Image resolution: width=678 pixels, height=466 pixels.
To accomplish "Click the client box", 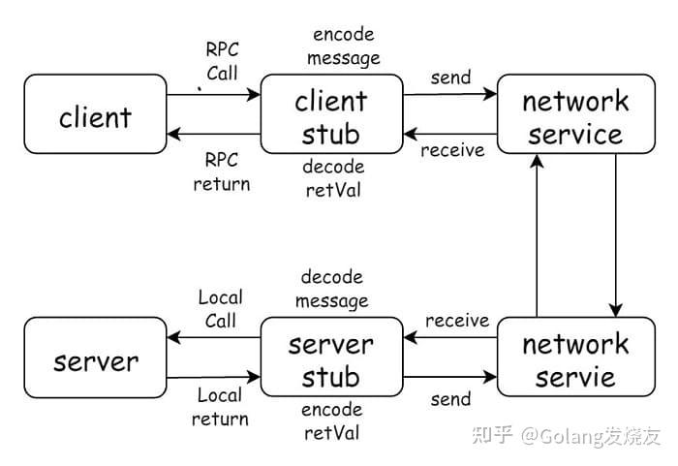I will click(95, 117).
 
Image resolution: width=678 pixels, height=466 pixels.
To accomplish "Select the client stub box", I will click(331, 117).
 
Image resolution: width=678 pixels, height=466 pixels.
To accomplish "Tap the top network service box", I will click(575, 117).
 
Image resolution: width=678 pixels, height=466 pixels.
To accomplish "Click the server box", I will click(95, 361).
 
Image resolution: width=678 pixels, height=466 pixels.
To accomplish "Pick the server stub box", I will click(331, 361).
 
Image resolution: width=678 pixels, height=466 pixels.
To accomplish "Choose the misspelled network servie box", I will click(575, 359).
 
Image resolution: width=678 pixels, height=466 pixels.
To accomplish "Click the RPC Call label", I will click(222, 59).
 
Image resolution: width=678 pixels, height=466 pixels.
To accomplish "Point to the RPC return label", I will click(222, 171).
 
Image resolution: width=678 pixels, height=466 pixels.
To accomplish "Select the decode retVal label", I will click(332, 178).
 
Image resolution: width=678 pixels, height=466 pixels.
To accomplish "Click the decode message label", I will click(331, 289).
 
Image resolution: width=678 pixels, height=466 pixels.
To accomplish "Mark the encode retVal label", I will click(331, 421).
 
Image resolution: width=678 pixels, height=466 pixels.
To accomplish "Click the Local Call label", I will click(220, 308).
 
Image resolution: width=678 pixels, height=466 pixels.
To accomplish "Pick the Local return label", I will click(220, 407).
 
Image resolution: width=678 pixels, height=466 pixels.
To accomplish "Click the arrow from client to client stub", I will click(214, 95).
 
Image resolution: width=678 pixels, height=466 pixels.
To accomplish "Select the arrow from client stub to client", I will click(214, 135).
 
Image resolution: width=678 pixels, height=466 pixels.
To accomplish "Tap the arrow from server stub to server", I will click(214, 338).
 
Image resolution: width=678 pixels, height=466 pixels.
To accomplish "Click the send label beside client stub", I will click(450, 76).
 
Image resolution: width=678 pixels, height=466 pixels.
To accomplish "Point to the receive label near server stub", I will click(457, 320).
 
